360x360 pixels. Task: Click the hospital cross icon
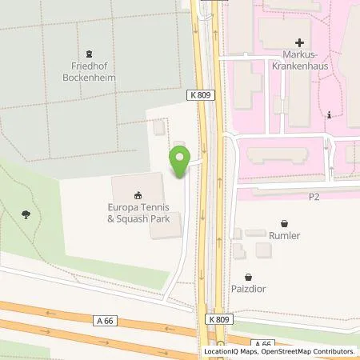pos(300,42)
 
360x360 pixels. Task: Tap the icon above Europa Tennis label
pos(138,194)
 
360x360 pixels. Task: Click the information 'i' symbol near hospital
pos(330,115)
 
